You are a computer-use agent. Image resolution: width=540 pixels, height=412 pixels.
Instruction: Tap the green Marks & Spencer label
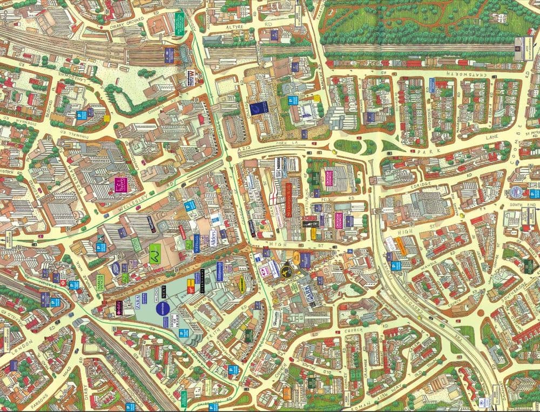(154, 253)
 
